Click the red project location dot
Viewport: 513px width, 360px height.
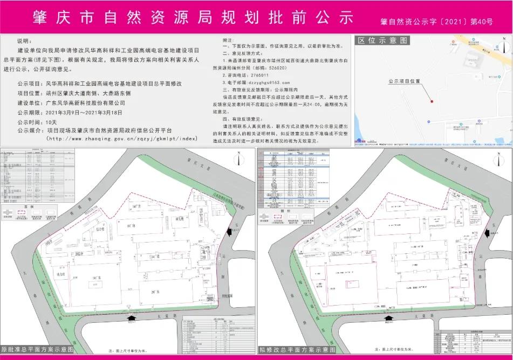click(x=431, y=101)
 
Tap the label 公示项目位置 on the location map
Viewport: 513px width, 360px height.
click(x=403, y=81)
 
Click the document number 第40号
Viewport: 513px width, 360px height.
click(x=482, y=22)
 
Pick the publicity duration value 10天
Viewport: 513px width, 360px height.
click(x=52, y=122)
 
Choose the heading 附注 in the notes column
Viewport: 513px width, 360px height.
click(x=229, y=41)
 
